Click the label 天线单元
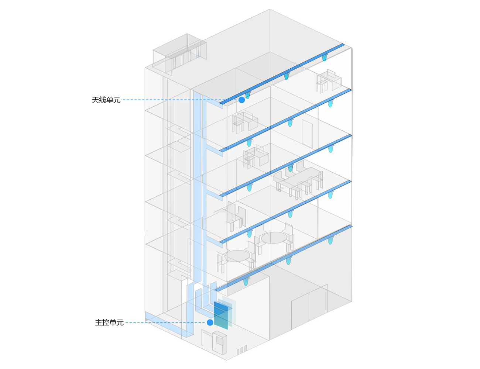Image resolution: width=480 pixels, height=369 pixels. [x=106, y=100]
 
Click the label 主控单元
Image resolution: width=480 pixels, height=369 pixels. [x=109, y=323]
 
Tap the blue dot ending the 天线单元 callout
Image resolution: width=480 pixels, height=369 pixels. [x=241, y=100]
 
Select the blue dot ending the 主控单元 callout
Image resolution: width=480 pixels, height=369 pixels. [x=210, y=323]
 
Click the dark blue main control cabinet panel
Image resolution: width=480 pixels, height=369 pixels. [x=221, y=315]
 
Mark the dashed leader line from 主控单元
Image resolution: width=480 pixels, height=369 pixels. [x=166, y=323]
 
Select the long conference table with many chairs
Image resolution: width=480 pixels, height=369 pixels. [x=298, y=181]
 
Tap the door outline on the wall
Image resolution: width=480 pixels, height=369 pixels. [x=307, y=134]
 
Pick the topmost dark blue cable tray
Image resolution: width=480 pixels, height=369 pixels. [x=282, y=74]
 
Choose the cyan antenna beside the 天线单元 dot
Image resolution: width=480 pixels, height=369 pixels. [x=248, y=95]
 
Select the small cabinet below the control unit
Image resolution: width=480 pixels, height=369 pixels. [x=220, y=342]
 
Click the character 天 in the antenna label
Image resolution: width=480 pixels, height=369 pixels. [x=95, y=100]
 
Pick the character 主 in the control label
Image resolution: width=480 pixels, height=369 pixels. [x=99, y=323]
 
